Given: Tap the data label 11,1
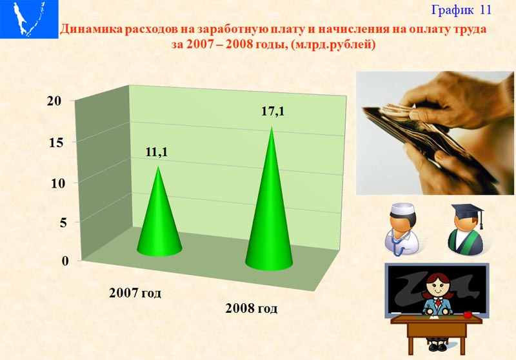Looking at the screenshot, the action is click(x=157, y=152).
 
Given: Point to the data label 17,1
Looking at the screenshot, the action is click(x=273, y=111).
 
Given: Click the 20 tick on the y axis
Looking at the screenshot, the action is click(x=54, y=101).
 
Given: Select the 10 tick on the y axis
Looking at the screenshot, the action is click(x=58, y=183).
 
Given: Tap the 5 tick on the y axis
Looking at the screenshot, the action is click(x=63, y=223).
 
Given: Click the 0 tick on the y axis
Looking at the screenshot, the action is click(x=65, y=261).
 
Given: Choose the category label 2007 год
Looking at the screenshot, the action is click(x=135, y=292).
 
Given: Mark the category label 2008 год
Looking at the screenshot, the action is click(x=252, y=308).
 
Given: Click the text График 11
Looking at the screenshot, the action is click(x=461, y=10).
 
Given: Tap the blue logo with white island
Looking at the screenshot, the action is click(x=29, y=19).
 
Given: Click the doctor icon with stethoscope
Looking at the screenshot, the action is click(x=402, y=230).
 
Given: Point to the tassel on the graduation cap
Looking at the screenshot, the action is click(x=481, y=219).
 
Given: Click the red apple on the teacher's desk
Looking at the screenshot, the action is click(x=467, y=315).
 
